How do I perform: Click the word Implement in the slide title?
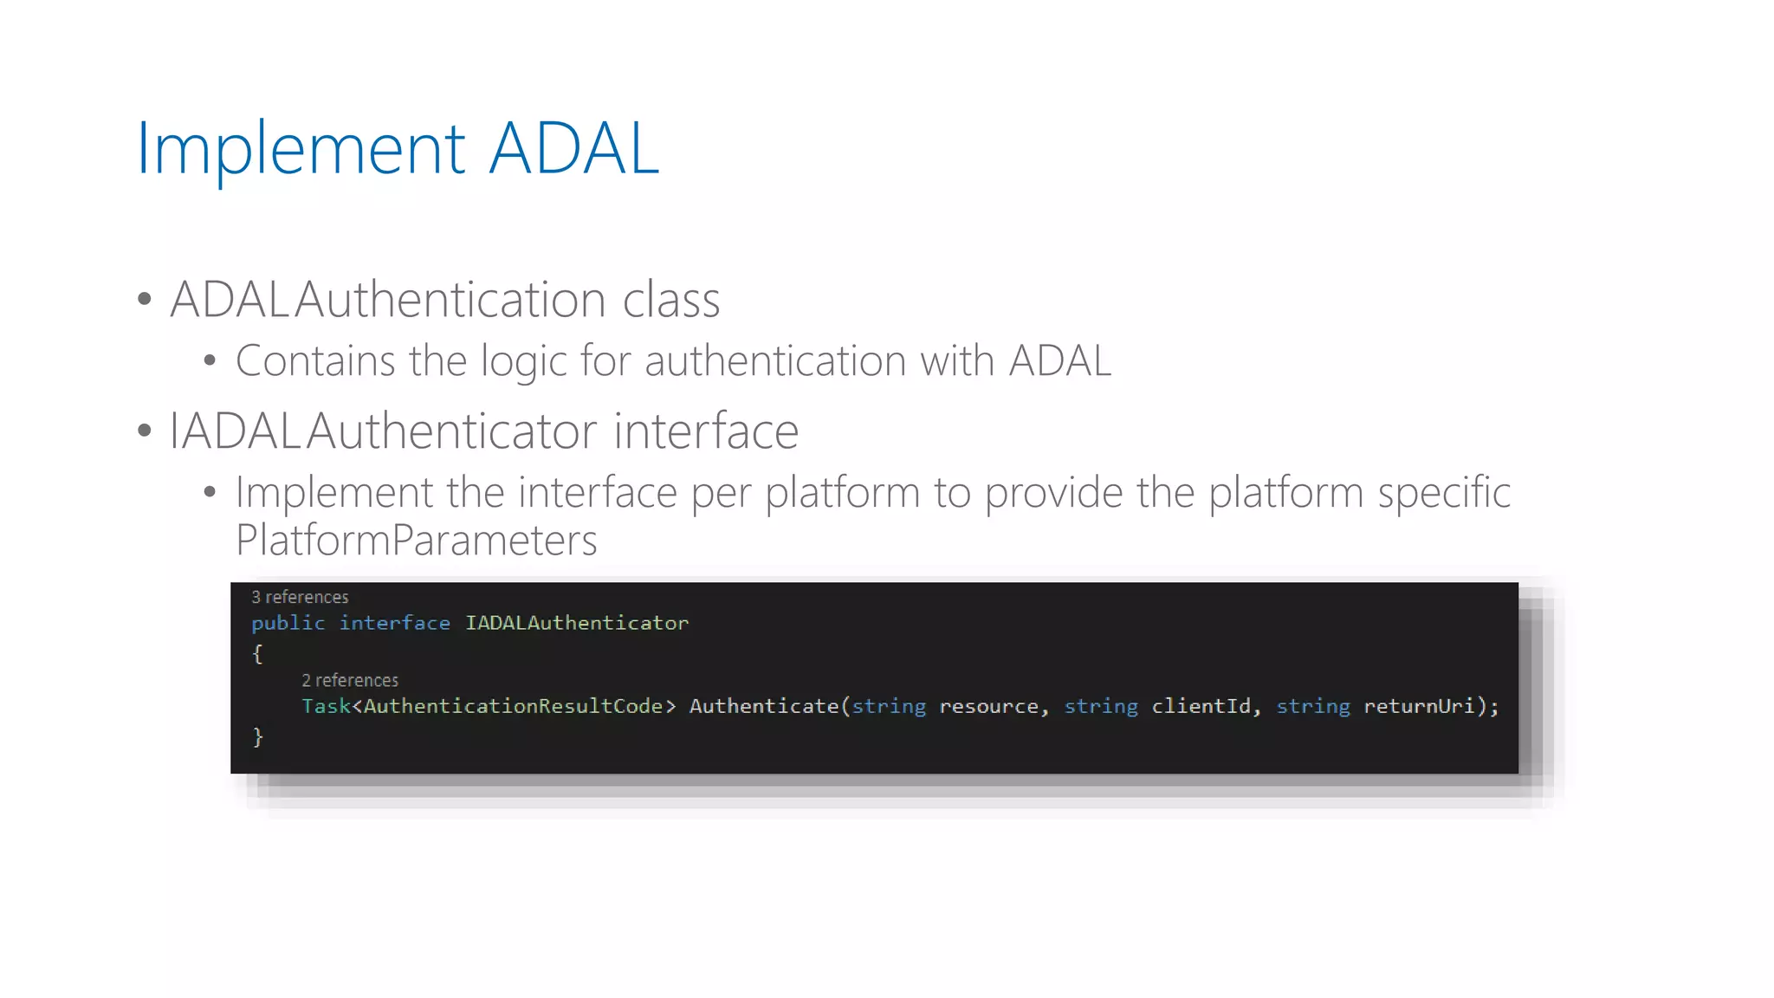point(301,149)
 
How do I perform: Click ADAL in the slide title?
point(573,149)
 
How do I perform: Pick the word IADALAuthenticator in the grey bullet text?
point(483,431)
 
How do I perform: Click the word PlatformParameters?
point(416,540)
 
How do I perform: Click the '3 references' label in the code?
point(300,597)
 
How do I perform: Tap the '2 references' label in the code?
point(350,680)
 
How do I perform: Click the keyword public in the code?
point(288,623)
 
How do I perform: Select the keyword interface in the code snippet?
point(394,623)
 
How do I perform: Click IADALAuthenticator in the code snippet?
point(577,623)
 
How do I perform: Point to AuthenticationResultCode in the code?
point(513,706)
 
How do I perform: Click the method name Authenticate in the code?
point(763,706)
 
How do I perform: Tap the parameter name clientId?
point(1201,706)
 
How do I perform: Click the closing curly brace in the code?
point(257,736)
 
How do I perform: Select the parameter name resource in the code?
point(988,706)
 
